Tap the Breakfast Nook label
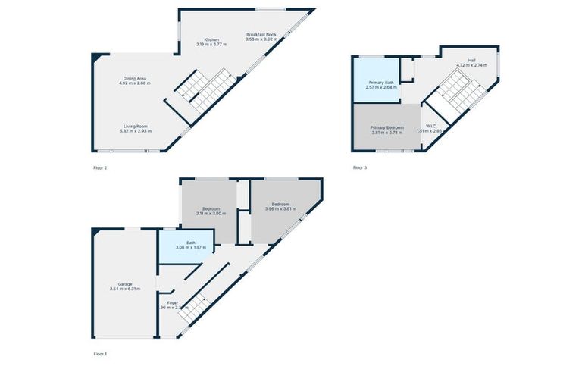coord(261,35)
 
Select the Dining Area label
coord(135,79)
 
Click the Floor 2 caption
coord(100,167)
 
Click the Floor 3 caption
coord(359,167)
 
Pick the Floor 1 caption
coord(100,354)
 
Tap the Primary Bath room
coord(381,84)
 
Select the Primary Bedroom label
coord(386,127)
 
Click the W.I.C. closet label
coord(431,127)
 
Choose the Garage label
coord(125,284)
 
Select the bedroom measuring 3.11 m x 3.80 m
coord(211,210)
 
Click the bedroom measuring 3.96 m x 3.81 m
coord(281,205)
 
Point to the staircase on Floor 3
coord(457,95)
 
